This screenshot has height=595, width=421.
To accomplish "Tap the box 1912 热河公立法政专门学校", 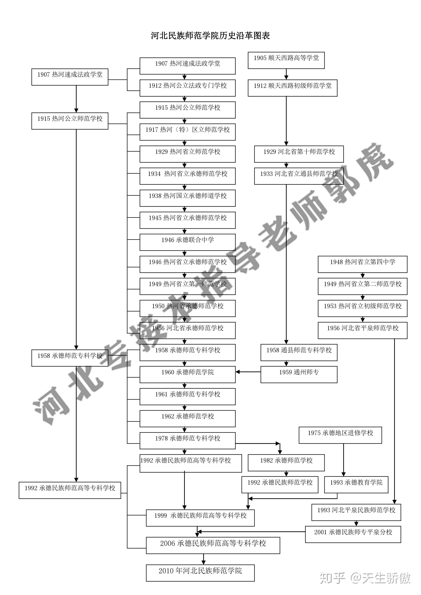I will coord(188,88).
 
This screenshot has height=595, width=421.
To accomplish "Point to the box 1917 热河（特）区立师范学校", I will coord(188,132).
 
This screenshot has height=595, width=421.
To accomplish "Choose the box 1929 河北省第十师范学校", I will coord(299,154).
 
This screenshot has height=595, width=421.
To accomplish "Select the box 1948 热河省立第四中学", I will coord(362,264).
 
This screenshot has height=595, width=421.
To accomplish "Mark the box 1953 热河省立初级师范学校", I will coord(362,308).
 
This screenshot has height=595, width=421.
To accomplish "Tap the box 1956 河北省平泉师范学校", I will coord(362,330).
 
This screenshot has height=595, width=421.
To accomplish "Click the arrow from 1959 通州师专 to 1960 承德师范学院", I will coord(248,372).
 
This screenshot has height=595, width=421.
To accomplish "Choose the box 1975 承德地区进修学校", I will coord(340,435).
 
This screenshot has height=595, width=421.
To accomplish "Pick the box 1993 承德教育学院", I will coord(356,485).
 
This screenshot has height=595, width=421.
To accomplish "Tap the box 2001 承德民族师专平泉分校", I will coord(353,534).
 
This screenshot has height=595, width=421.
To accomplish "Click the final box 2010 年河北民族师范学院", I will coord(200,573).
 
